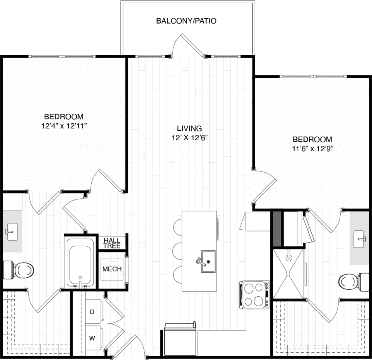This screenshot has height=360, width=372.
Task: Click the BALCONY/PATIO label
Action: [186, 21]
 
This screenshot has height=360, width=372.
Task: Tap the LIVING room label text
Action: [189, 128]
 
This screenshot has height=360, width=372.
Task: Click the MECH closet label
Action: [112, 269]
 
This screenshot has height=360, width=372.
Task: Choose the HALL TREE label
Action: [112, 243]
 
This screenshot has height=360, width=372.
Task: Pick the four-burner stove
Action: [255, 294]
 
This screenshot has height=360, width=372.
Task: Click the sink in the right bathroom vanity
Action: [359, 239]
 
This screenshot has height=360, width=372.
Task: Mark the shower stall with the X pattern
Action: [288, 274]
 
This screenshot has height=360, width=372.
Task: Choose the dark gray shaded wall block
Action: [277, 229]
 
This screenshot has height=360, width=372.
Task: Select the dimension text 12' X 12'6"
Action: [189, 138]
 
